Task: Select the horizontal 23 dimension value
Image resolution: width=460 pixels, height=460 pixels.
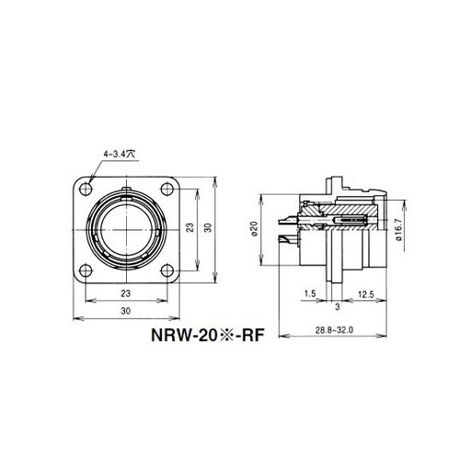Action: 123,293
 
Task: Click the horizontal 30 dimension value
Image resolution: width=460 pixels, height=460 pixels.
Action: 123,311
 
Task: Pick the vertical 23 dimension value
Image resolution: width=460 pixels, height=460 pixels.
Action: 188,229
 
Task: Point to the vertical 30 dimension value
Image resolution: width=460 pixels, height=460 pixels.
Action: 208,229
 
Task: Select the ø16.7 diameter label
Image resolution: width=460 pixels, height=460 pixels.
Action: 399,226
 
